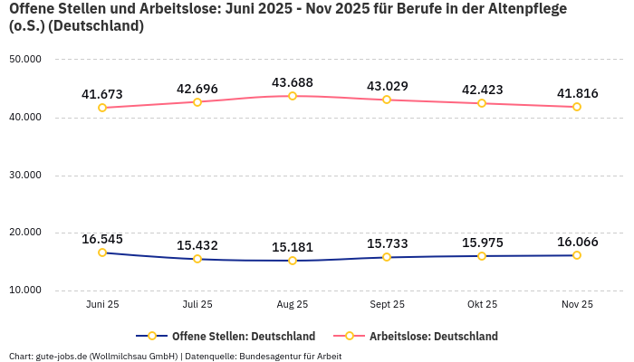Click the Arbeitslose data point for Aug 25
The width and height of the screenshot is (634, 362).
pyautogui.click(x=293, y=96)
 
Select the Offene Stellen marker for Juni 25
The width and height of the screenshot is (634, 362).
pyautogui.click(x=102, y=252)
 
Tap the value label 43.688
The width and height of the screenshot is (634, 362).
pyautogui.click(x=293, y=82)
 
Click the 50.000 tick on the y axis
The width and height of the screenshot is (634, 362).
pyautogui.click(x=25, y=59)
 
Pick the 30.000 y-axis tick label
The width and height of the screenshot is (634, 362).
pyautogui.click(x=25, y=175)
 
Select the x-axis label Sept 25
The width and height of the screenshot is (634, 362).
pyautogui.click(x=387, y=305)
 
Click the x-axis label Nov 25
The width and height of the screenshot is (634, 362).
pyautogui.click(x=577, y=305)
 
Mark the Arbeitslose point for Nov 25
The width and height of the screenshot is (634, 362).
pyautogui.click(x=577, y=107)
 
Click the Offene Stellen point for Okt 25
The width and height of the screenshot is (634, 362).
pyautogui.click(x=482, y=256)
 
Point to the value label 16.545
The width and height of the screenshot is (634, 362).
pyautogui.click(x=102, y=239)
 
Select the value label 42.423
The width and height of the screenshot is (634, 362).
pyautogui.click(x=482, y=90)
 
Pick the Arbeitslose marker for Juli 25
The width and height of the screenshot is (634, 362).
pyautogui.click(x=197, y=101)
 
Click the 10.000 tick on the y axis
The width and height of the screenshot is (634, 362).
pyautogui.click(x=25, y=291)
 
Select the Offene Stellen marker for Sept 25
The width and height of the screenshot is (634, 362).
pyautogui.click(x=387, y=257)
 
